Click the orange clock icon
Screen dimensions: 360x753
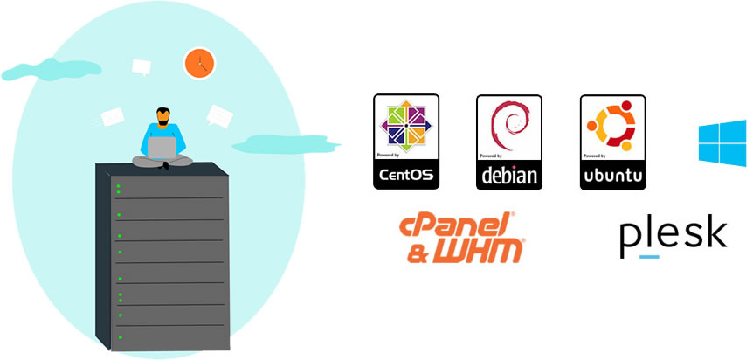point(198,63)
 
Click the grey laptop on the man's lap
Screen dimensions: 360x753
point(162,149)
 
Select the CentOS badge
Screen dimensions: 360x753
point(406,142)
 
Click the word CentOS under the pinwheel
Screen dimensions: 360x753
point(406,174)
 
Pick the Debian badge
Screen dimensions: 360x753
point(508,142)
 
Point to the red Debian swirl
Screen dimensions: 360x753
point(508,128)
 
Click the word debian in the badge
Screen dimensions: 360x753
point(508,176)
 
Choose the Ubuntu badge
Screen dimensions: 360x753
point(612,142)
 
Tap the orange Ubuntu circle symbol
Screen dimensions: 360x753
point(612,127)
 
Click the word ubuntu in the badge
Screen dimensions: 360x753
point(612,176)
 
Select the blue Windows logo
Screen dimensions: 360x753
point(722,142)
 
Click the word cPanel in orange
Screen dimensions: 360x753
point(456,226)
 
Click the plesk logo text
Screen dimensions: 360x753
point(673,234)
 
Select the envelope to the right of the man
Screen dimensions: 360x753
point(218,114)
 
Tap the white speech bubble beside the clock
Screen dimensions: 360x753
point(142,66)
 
